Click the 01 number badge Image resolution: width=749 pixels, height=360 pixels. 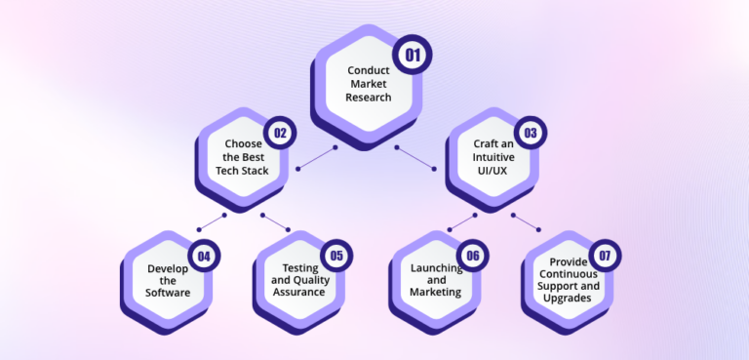coord(413,56)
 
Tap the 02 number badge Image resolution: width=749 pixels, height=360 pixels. coord(280,133)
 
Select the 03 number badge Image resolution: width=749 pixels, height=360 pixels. coord(531,133)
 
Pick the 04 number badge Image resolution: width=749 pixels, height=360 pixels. coord(205,257)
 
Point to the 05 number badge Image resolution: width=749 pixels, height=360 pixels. coord(336,257)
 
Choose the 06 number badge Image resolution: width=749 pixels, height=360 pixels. coord(472,257)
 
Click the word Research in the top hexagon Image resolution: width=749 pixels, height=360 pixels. coord(368,97)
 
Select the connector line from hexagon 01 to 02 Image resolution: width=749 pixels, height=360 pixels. coord(316,156)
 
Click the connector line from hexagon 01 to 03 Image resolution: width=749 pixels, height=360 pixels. coord(416,157)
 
